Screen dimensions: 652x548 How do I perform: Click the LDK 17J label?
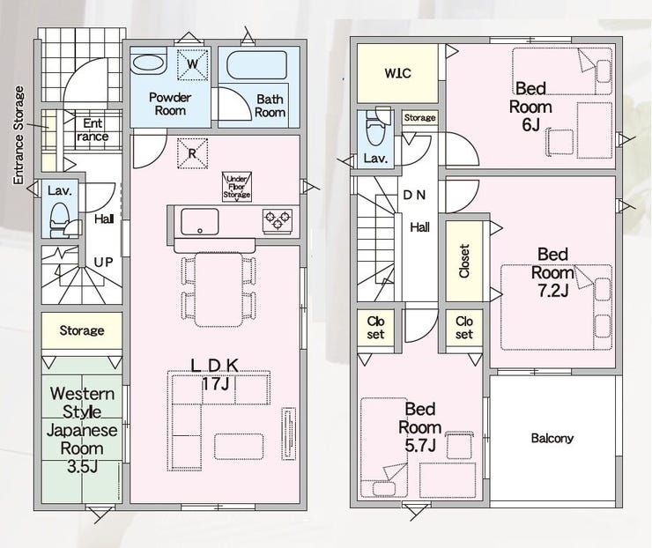click(x=215, y=374)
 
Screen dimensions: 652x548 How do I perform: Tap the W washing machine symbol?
click(x=192, y=64)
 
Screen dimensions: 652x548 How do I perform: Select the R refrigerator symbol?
click(x=192, y=153)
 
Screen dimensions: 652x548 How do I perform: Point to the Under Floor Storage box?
click(x=237, y=187)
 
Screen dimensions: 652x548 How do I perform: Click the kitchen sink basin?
click(x=200, y=222)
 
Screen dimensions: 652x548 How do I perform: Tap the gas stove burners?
click(x=278, y=220)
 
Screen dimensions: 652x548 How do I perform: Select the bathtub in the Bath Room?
click(x=256, y=65)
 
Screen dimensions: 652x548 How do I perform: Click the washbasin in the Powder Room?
click(x=148, y=64)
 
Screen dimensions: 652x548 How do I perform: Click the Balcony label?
click(x=552, y=438)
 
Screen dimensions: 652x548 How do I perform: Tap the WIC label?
click(x=398, y=73)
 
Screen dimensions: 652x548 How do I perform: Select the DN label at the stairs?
click(x=414, y=195)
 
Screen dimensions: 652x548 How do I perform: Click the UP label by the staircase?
click(x=103, y=263)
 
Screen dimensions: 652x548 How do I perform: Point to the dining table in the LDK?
click(x=219, y=289)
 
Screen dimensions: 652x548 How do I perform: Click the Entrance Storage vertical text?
click(x=19, y=135)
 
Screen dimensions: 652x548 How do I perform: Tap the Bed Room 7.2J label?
click(x=552, y=273)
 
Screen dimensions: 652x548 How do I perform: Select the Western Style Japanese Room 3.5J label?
click(x=82, y=430)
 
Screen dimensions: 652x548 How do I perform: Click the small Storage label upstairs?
click(x=420, y=118)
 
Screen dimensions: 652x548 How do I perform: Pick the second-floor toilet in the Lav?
click(x=375, y=127)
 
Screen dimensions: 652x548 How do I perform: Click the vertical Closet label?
click(x=464, y=261)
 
